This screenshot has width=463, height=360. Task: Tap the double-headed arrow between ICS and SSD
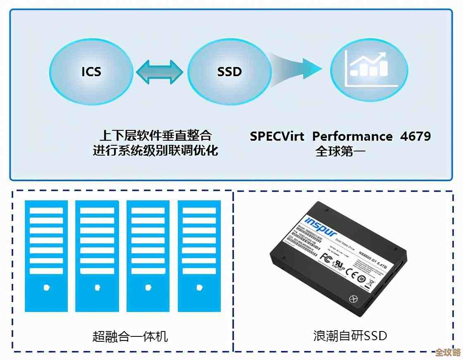click(160, 72)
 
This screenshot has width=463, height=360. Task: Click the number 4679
click(415, 136)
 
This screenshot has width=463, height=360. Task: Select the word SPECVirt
click(277, 136)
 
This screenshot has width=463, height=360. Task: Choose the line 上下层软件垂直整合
click(155, 135)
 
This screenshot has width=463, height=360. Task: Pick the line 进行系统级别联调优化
click(155, 150)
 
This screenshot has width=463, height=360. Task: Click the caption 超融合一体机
click(130, 336)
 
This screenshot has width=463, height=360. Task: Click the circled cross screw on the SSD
click(353, 298)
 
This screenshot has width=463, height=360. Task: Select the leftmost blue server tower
click(46, 256)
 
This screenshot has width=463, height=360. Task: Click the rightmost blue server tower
click(200, 256)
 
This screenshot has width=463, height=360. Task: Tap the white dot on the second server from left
click(97, 286)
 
